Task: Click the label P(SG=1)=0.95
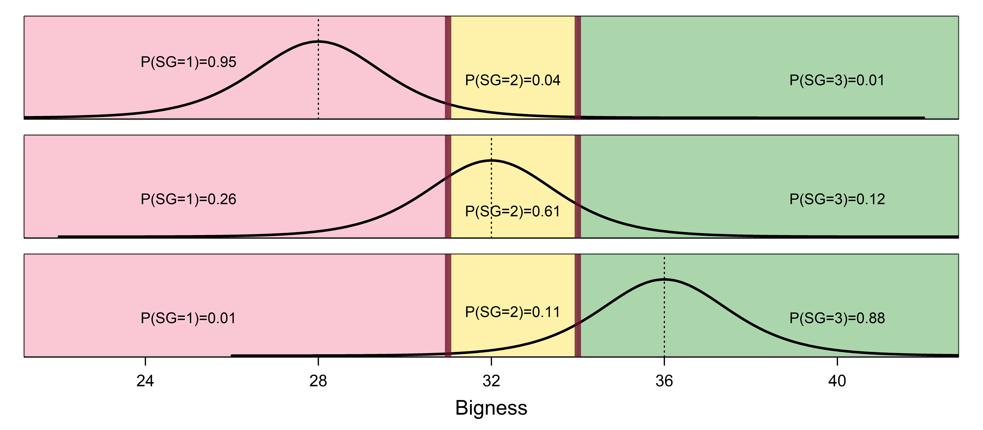pyautogui.click(x=189, y=62)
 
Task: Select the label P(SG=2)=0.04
pyautogui.click(x=512, y=80)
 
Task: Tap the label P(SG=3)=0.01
pyautogui.click(x=837, y=80)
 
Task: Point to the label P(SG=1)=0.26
pyautogui.click(x=189, y=199)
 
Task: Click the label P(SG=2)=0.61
pyautogui.click(x=512, y=211)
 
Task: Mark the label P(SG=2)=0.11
pyautogui.click(x=512, y=312)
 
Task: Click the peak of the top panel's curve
pyautogui.click(x=318, y=41)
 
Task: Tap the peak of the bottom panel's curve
pyautogui.click(x=664, y=279)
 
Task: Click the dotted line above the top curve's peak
pyautogui.click(x=318, y=30)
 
